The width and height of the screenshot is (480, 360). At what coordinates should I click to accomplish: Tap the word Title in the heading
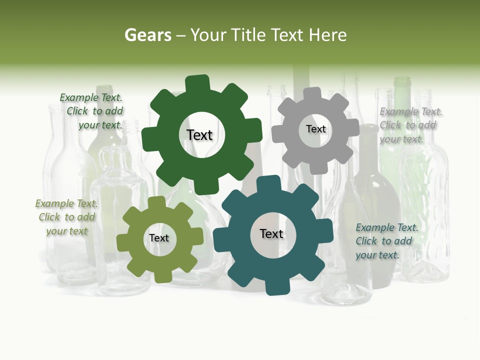[249, 35]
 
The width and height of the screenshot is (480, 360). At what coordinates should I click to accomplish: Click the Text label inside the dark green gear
[199, 135]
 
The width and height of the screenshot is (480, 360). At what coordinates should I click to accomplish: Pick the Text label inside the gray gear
[315, 129]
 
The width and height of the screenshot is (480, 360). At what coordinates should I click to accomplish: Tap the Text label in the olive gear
[159, 238]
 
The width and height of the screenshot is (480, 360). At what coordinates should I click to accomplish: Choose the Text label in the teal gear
[271, 234]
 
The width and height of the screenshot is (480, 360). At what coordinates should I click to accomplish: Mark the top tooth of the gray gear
[312, 94]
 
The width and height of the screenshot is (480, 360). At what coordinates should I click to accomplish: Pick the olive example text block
[66, 217]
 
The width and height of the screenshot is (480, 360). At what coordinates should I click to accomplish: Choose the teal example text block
[385, 241]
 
